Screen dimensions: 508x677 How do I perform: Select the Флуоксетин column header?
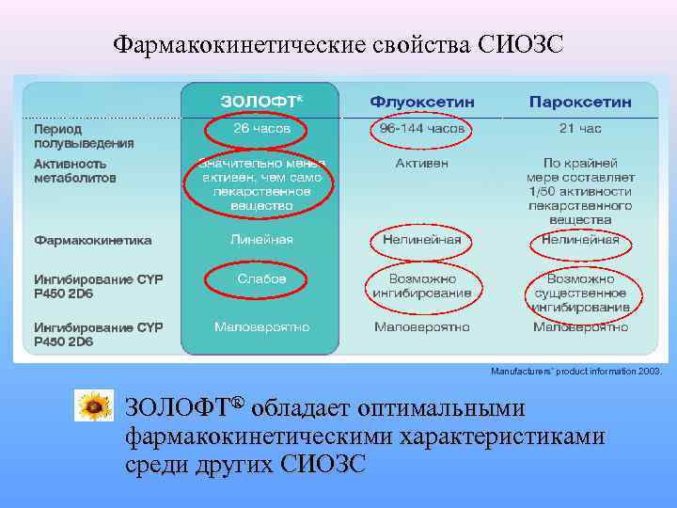click(x=422, y=101)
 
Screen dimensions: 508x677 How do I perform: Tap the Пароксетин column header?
click(x=580, y=101)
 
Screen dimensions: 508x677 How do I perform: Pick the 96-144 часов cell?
click(x=422, y=128)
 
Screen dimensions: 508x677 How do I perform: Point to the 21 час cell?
click(x=580, y=128)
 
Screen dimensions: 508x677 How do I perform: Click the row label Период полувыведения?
click(x=85, y=135)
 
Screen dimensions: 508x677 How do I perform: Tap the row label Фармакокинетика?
click(x=93, y=240)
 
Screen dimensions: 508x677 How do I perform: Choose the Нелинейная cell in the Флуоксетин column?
click(x=422, y=240)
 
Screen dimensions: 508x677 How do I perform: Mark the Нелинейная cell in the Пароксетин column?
click(x=580, y=240)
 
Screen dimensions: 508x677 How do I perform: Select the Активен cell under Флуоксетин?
click(x=422, y=163)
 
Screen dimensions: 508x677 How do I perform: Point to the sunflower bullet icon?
click(x=94, y=406)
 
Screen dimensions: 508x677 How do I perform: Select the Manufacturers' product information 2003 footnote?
click(x=575, y=372)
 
